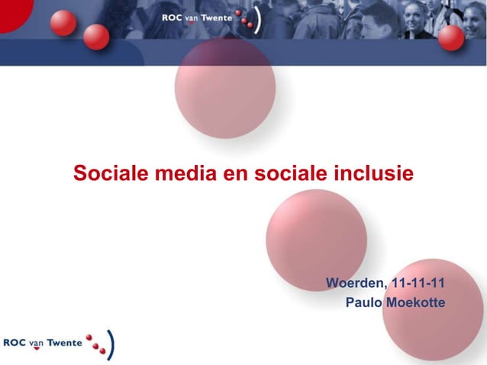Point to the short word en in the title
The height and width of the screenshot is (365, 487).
pos(235,173)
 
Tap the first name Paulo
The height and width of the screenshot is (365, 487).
pos(364,303)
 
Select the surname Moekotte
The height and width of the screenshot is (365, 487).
pos(415,303)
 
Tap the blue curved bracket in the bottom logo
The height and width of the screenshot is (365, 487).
pos(112,344)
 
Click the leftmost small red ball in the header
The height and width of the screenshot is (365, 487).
pos(64,22)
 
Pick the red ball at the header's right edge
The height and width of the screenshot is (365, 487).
pos(451,36)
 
